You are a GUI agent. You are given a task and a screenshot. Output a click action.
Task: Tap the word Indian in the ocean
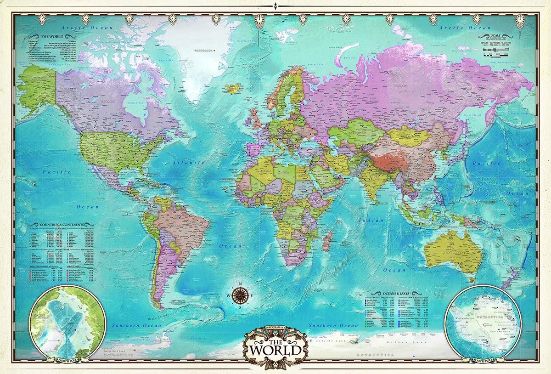371,221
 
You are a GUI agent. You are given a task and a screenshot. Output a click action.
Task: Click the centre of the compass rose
241,295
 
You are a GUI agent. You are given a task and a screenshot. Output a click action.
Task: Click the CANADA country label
108,102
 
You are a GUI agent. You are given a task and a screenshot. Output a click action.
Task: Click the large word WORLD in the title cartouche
275,350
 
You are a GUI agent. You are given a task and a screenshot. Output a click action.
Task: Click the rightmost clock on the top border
520,19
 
